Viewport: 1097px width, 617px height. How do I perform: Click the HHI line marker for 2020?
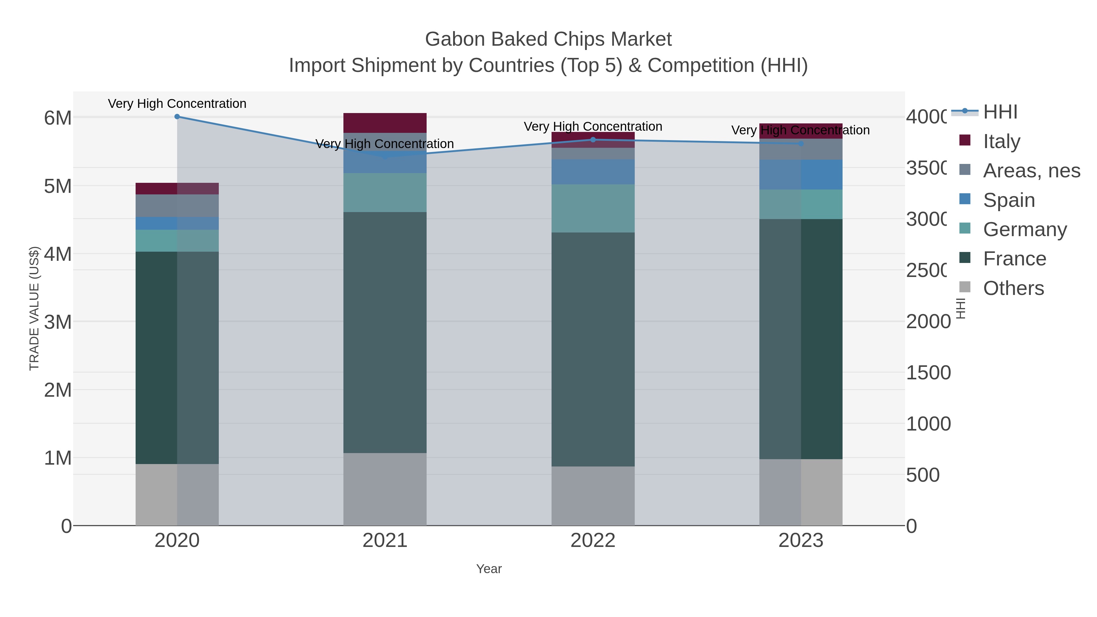coord(177,117)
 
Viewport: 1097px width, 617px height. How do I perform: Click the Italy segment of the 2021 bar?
coord(385,123)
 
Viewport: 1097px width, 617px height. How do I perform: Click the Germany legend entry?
coord(1024,229)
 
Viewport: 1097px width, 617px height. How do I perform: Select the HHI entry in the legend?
coord(1000,112)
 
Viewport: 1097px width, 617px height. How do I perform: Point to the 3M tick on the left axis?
coord(58,322)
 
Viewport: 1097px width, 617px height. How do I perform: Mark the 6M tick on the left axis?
coord(58,118)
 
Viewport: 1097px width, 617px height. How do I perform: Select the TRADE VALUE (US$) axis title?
coord(34,308)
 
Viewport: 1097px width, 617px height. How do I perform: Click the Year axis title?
coord(489,569)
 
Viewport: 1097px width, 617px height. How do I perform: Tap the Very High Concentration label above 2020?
coord(177,104)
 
